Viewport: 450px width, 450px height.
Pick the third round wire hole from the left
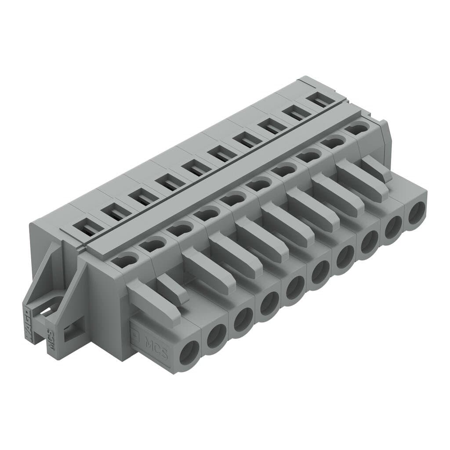[x=243, y=320]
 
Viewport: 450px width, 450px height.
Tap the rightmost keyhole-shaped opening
[x=355, y=129]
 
